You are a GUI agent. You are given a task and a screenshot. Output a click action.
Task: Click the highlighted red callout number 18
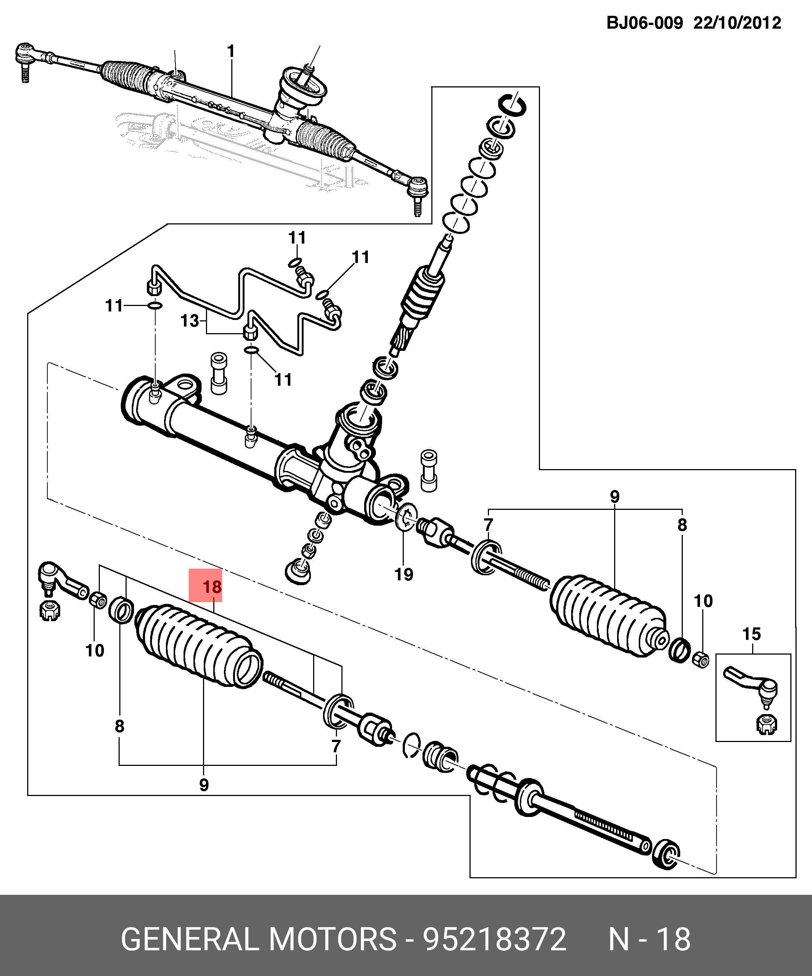pos(212,587)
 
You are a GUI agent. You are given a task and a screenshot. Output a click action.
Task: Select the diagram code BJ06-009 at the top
pos(644,23)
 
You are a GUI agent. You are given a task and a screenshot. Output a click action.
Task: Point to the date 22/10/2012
pos(737,23)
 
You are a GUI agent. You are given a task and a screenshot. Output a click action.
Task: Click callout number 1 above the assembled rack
pos(231,51)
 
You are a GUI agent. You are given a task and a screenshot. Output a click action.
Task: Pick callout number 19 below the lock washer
pos(404,575)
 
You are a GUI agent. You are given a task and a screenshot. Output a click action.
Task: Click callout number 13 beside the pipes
pos(189,321)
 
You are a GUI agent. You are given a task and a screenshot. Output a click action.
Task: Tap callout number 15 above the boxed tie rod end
pos(751,634)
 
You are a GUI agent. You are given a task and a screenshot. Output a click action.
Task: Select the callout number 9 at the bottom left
pos(203,785)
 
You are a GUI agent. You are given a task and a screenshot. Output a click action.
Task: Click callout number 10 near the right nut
pos(703,601)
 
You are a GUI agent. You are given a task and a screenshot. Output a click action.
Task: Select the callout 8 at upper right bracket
pos(681,525)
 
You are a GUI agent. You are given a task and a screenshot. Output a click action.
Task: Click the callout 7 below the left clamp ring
pos(336,746)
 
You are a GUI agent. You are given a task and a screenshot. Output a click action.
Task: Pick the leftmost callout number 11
pos(114,306)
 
